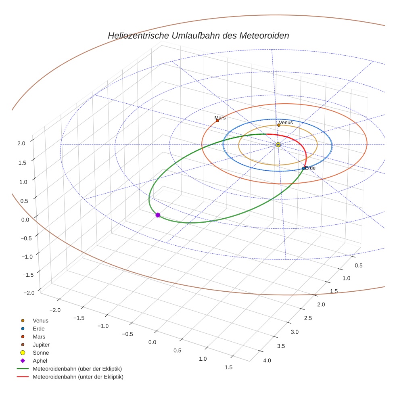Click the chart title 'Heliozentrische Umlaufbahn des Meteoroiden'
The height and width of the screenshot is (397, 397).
tap(198, 36)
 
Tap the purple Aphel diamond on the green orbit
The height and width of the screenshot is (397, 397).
tap(158, 215)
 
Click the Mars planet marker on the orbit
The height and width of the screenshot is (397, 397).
tap(217, 121)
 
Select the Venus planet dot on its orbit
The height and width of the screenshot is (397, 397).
tap(278, 125)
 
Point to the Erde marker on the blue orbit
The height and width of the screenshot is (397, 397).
tap(303, 168)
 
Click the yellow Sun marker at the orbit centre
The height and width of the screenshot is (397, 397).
tap(278, 144)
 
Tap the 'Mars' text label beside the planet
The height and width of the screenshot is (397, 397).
tap(220, 118)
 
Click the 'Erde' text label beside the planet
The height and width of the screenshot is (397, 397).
tap(310, 168)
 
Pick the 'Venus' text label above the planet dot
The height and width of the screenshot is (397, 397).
tap(286, 122)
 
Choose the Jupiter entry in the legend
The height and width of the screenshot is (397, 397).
tap(41, 345)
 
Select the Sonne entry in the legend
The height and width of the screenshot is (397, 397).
tap(41, 353)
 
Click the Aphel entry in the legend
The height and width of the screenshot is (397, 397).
tap(40, 361)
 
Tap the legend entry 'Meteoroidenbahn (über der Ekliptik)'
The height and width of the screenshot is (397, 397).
tap(77, 369)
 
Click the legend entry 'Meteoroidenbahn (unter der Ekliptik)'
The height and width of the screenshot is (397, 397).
tap(78, 377)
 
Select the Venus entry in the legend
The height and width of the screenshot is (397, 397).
tap(40, 320)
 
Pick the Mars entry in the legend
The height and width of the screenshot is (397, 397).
tap(39, 336)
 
